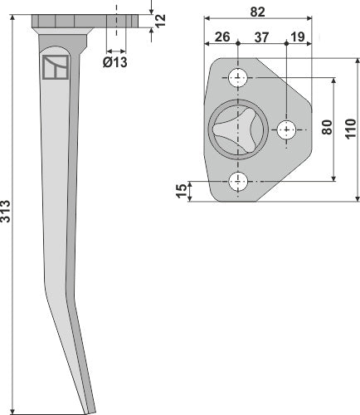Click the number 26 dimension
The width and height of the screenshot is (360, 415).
[x=221, y=36]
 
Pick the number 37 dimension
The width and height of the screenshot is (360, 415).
[x=261, y=36]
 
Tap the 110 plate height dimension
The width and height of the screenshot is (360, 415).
[x=351, y=129]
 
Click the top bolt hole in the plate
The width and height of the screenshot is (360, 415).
[x=239, y=79]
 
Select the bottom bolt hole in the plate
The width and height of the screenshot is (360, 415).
[x=239, y=180]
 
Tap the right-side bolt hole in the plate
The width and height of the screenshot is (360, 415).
[x=286, y=129]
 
